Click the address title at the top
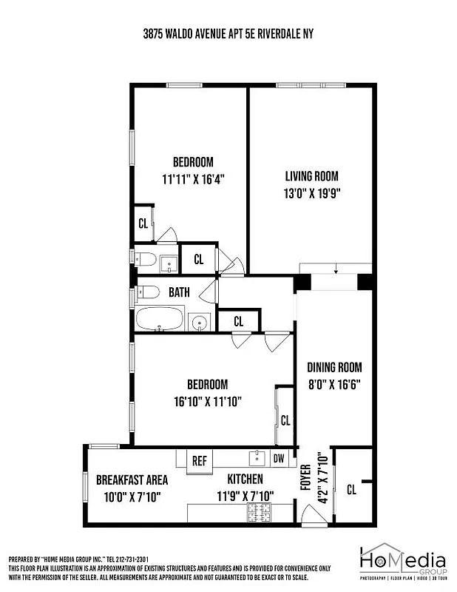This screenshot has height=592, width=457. tap(228, 34)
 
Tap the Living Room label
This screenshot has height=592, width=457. tap(311, 176)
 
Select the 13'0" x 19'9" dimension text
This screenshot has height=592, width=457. tap(311, 194)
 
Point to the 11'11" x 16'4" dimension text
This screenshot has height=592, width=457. tap(193, 179)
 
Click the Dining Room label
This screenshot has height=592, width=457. tap(334, 367)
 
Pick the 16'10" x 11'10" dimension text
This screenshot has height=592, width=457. tap(207, 401)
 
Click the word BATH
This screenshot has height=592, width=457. tap(179, 292)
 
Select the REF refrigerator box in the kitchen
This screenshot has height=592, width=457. tap(200, 460)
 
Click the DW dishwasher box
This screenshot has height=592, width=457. tap(279, 458)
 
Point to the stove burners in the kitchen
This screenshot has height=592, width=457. tap(260, 511)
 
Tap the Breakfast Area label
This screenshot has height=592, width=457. tap(132, 480)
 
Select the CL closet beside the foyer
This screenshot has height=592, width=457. tap(351, 489)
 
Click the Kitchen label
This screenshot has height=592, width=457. tap(245, 480)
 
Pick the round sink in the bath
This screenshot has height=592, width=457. tap(198, 322)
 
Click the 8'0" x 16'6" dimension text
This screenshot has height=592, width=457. tap(334, 384)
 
